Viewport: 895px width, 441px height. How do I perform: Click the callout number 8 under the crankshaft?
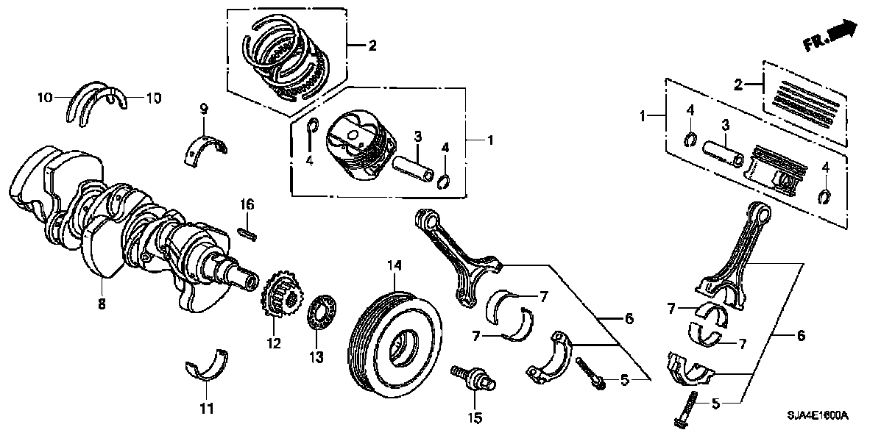pos(102,304)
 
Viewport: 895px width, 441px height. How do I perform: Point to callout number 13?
pos(316,357)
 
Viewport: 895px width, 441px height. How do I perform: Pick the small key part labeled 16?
pos(248,232)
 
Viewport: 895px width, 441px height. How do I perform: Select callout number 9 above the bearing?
pos(205,110)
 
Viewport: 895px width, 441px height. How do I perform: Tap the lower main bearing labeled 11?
pos(206,365)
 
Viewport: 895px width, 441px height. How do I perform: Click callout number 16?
pos(247,204)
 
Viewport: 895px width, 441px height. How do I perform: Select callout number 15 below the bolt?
pos(475,417)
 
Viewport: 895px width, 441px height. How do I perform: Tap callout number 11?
pos(206,407)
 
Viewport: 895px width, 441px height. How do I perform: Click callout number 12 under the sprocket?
pos(274,343)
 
